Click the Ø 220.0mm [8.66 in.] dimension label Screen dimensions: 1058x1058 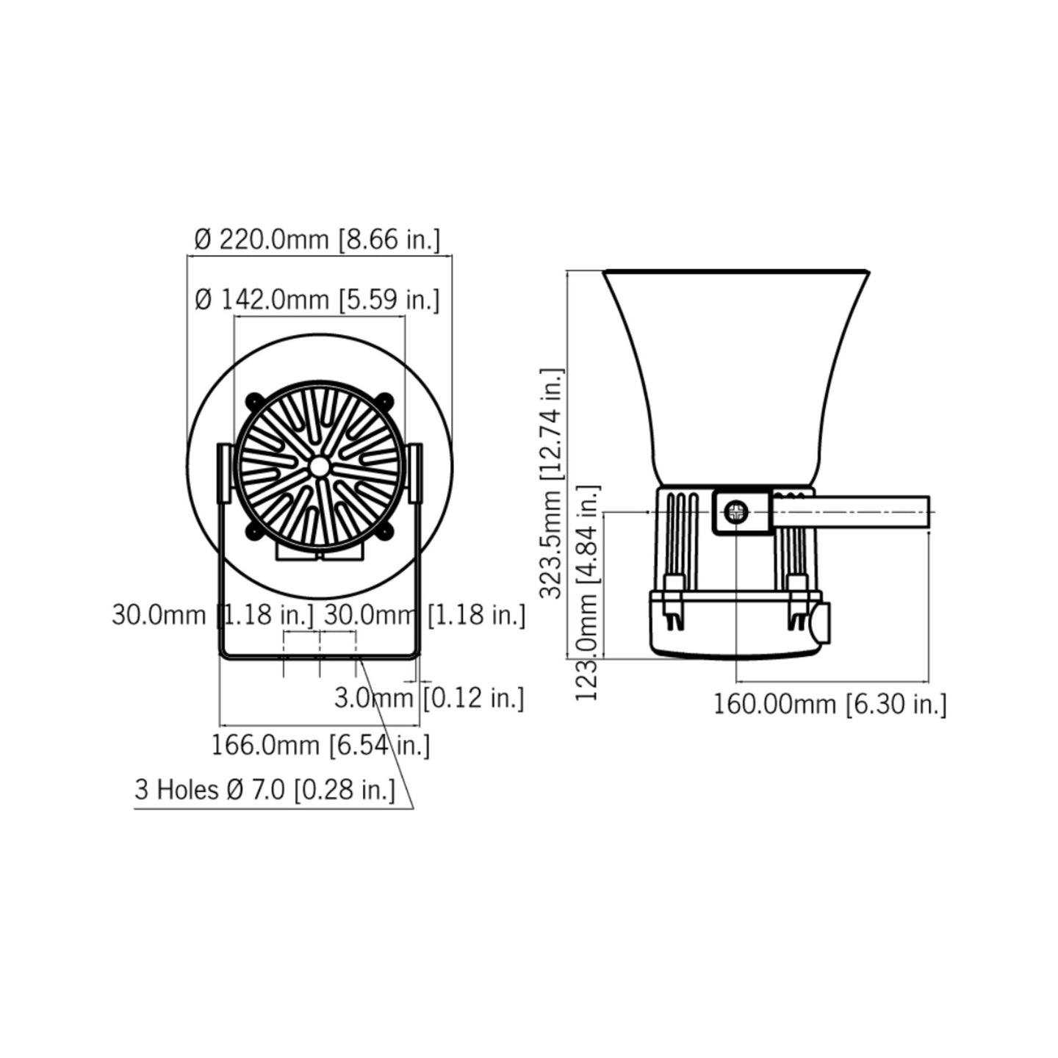(317, 240)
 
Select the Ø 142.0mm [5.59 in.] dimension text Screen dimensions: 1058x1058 (317, 300)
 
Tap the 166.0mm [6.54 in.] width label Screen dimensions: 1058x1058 (320, 745)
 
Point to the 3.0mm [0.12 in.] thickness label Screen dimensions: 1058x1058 (429, 698)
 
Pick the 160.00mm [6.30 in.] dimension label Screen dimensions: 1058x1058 (830, 705)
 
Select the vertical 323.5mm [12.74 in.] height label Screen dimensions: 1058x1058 (552, 483)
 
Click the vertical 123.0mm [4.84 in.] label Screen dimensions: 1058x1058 (588, 593)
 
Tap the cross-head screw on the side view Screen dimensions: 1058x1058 (736, 513)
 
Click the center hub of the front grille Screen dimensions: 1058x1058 (320, 467)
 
